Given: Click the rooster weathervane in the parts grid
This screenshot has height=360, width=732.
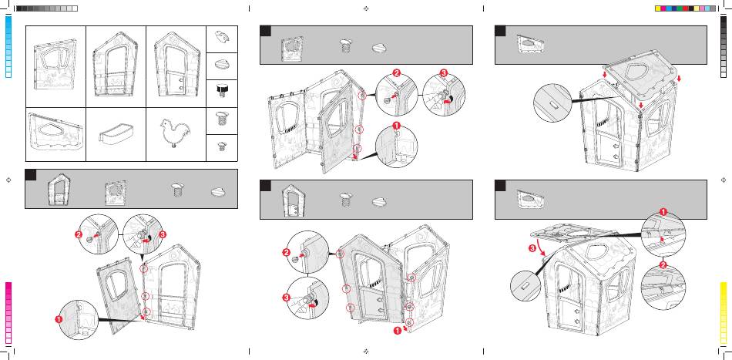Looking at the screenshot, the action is (173, 133).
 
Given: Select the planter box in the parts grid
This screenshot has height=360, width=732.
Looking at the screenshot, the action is (115, 133).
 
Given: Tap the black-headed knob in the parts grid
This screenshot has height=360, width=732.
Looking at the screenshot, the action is (222, 89).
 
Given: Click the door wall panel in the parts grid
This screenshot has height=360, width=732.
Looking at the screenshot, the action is (176, 65).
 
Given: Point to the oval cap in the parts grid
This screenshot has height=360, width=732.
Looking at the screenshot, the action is (222, 66).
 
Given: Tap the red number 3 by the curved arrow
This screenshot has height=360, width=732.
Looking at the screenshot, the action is (532, 248).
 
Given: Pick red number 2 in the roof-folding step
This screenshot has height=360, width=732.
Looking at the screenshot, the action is (662, 264).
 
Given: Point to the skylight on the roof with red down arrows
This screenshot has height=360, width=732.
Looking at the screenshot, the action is (640, 72).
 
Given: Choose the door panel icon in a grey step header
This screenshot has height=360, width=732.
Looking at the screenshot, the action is (292, 201).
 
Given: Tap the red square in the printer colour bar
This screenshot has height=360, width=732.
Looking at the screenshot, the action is (686, 8).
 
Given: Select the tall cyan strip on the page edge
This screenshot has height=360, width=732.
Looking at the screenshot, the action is (8, 46).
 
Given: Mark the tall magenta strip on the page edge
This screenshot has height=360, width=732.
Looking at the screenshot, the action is (8, 312).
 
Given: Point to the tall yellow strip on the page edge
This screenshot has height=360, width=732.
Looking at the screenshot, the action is (724, 312).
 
